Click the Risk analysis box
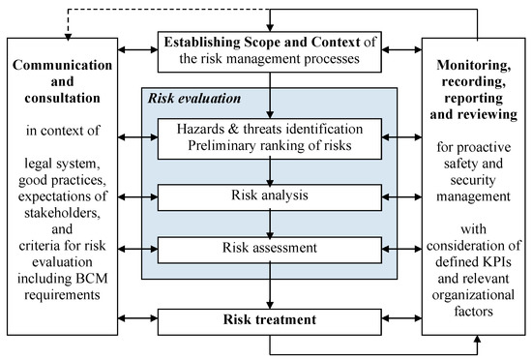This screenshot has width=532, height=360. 266,196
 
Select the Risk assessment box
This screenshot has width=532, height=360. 266,248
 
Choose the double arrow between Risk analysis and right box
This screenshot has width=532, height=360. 399,196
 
